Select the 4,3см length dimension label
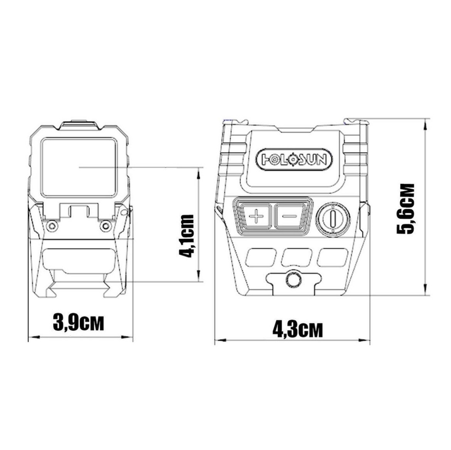tap(298, 330)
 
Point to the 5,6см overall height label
tap(405, 209)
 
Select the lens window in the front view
tap(79, 167)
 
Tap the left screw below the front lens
tap(52, 225)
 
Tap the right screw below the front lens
tap(106, 225)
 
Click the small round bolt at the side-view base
tap(293, 279)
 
